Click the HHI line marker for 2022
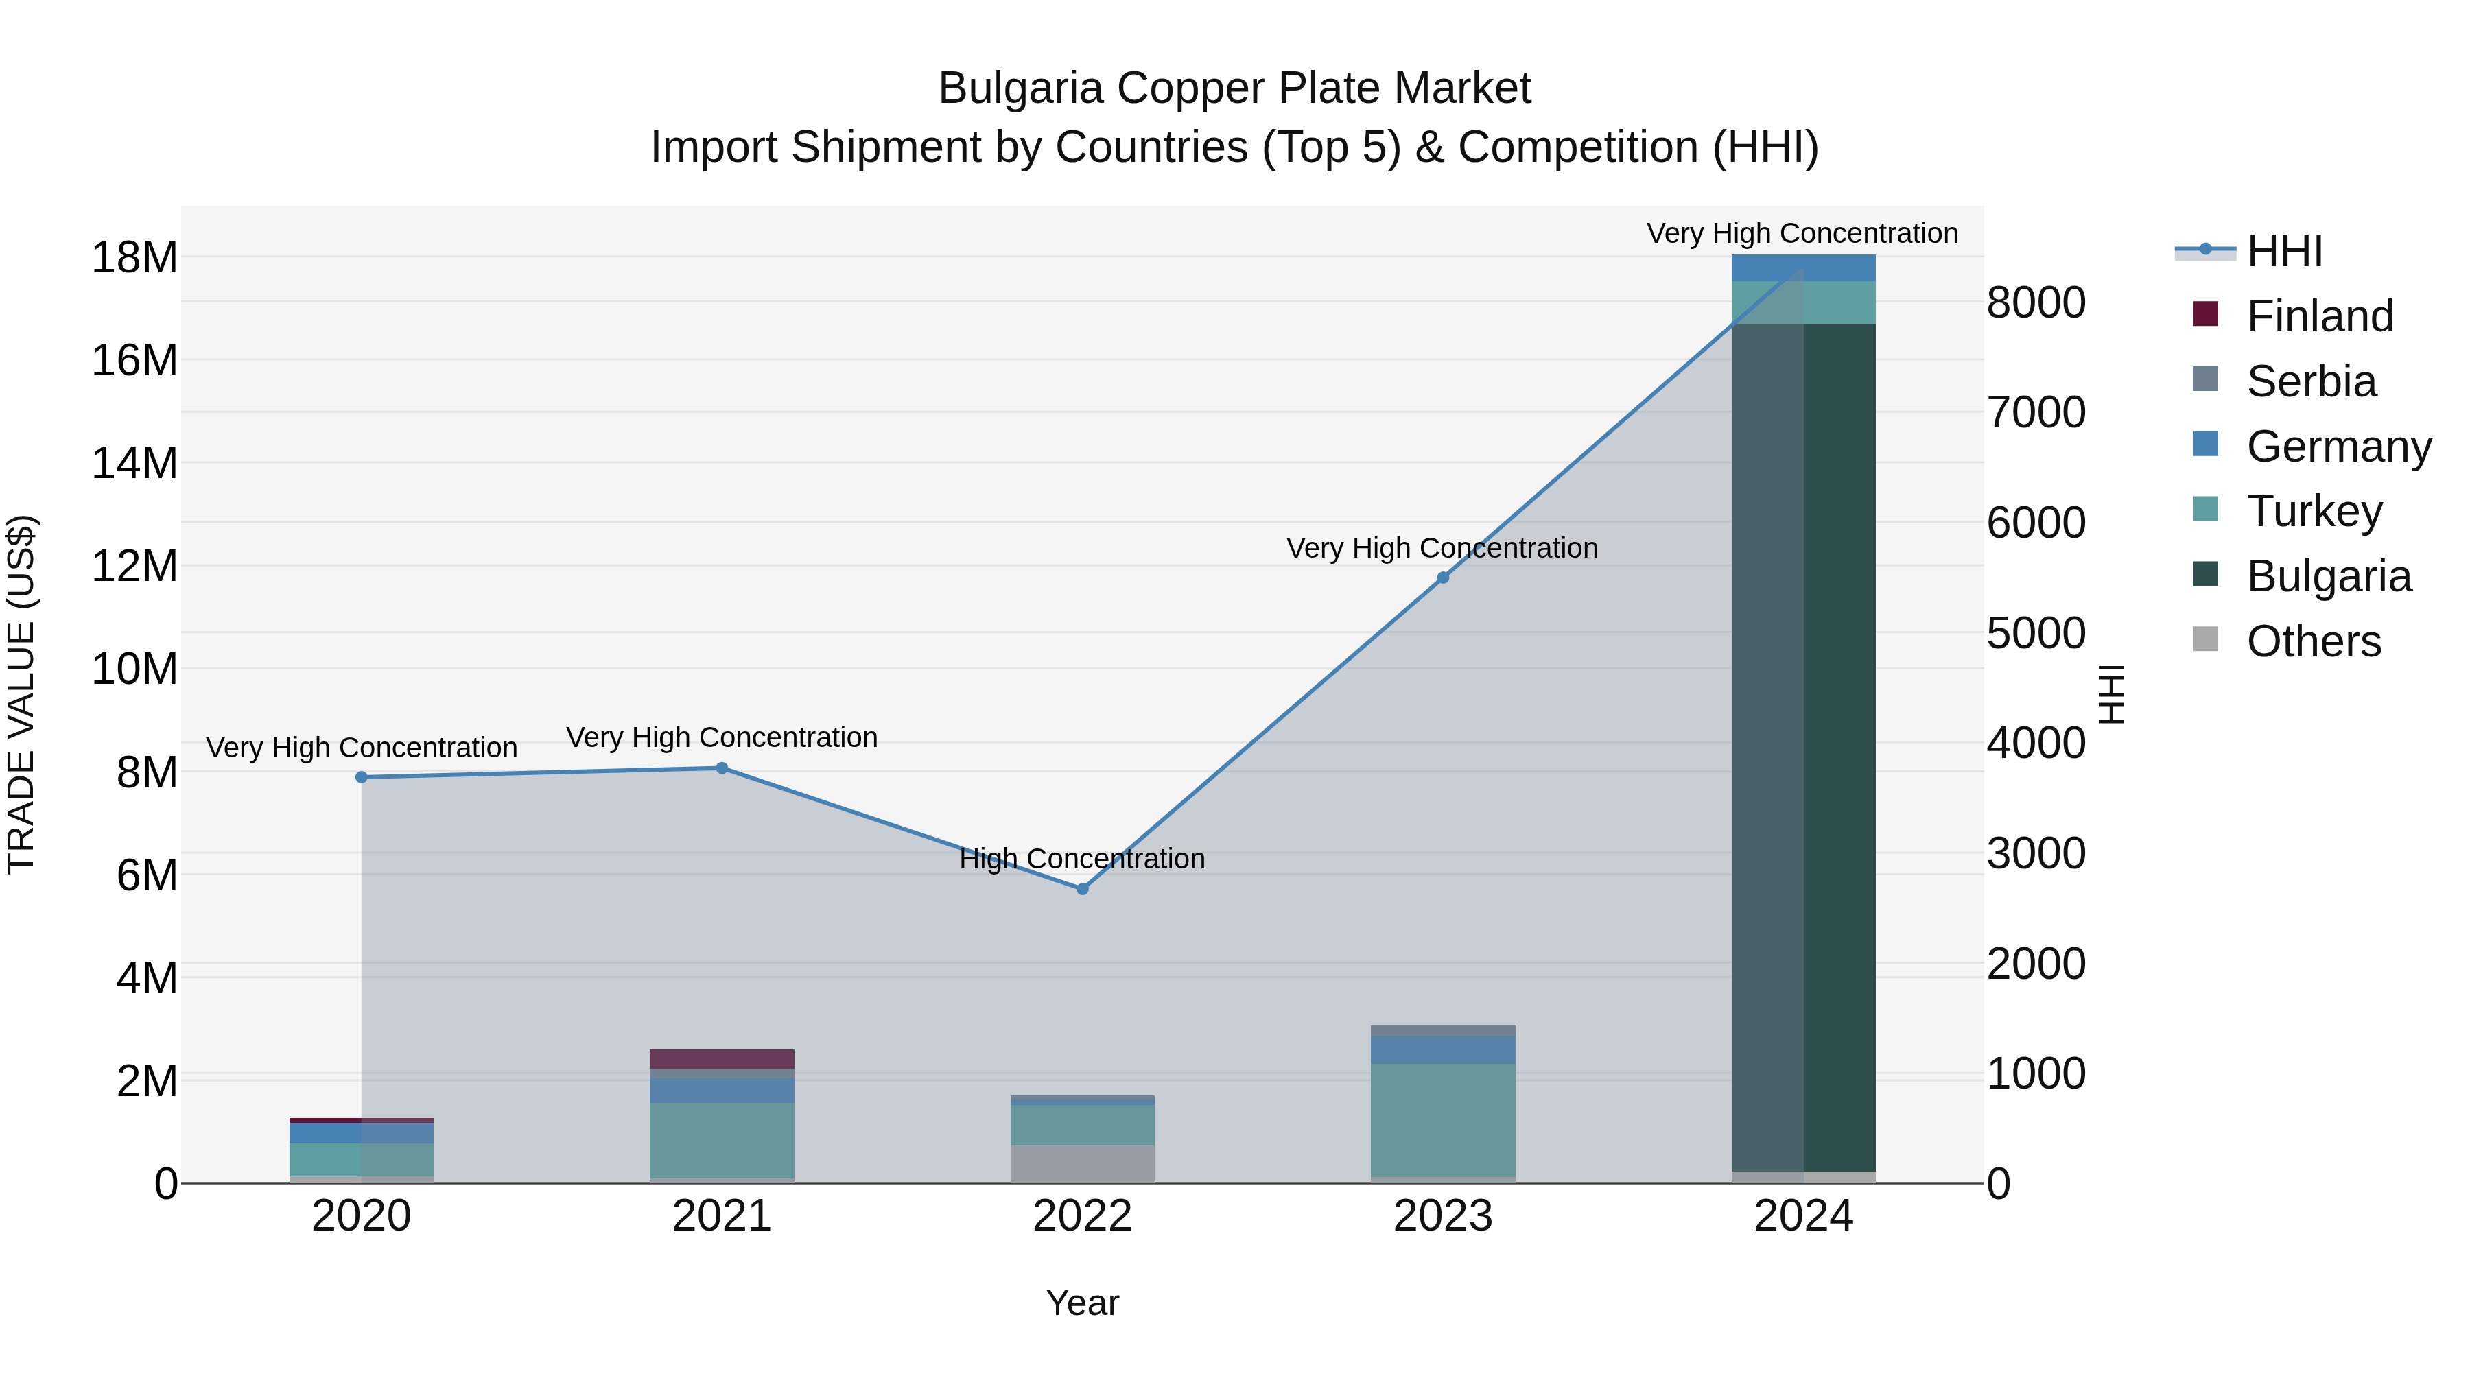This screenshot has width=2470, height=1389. [x=1083, y=888]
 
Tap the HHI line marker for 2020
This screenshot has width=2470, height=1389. [x=362, y=776]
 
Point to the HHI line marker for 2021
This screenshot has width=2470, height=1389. [x=722, y=768]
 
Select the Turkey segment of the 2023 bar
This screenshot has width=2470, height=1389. [x=1443, y=1119]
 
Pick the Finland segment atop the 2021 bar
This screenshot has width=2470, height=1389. [x=722, y=1058]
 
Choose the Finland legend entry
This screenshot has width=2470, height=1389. [x=2318, y=316]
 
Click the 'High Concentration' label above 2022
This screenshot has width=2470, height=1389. [x=1083, y=858]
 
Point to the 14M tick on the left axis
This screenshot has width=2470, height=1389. [x=134, y=463]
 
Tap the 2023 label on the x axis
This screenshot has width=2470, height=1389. [x=1443, y=1216]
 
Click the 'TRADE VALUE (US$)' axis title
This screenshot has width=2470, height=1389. [x=21, y=694]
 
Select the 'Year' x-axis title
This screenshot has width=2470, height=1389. [x=1083, y=1303]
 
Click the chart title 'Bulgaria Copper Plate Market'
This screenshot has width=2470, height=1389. [x=1234, y=88]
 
